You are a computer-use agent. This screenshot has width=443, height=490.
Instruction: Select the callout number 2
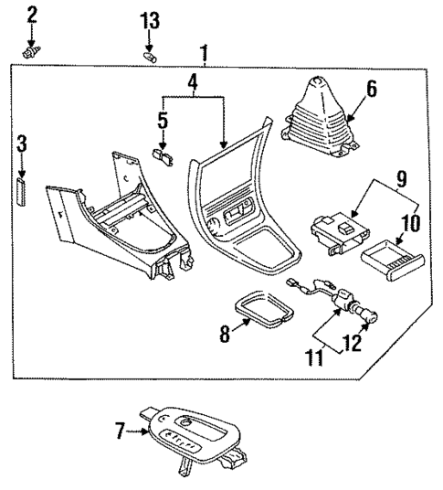32,14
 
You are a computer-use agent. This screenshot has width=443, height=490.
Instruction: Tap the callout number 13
150,20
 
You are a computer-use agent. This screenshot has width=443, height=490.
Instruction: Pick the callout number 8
223,336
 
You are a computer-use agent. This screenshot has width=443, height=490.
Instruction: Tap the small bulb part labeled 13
151,58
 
